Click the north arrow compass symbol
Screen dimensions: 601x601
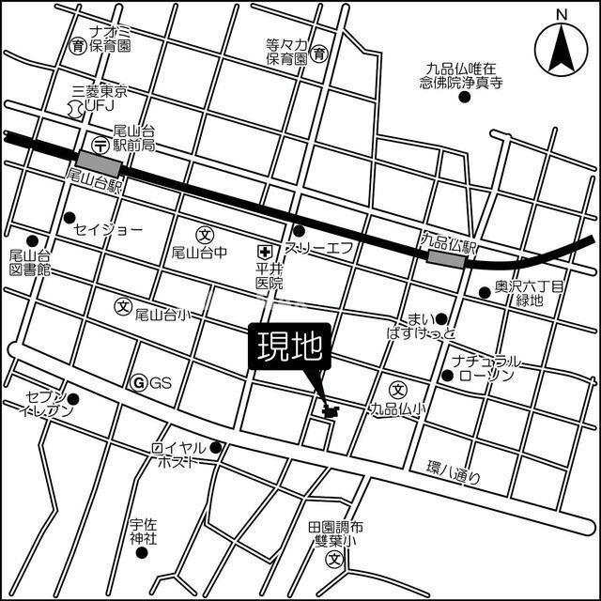click(562, 46)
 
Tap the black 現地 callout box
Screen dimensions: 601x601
click(289, 348)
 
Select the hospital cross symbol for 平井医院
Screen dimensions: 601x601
click(266, 251)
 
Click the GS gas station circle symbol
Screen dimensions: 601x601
click(139, 382)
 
